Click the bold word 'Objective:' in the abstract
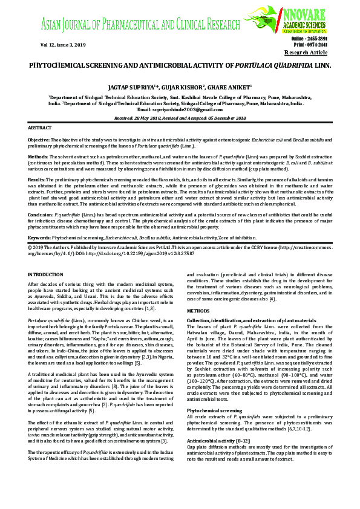(x=39, y=139)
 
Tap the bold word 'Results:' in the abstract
(x=38, y=179)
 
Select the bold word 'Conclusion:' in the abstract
(x=41, y=214)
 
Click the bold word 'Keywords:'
(x=40, y=239)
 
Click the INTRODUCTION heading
(x=45, y=274)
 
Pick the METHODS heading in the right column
(x=198, y=310)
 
